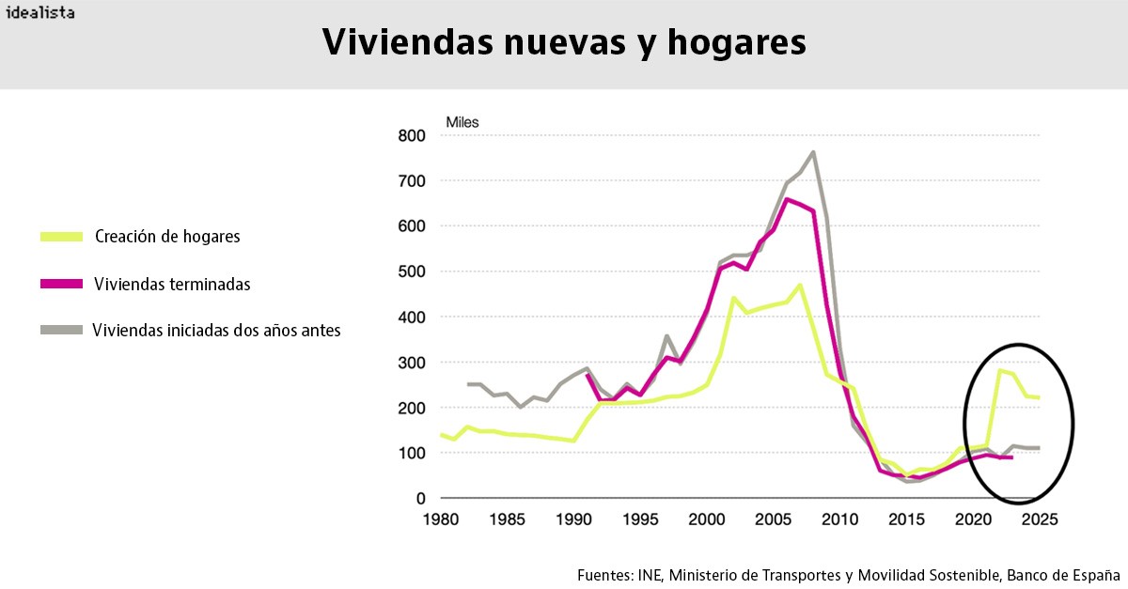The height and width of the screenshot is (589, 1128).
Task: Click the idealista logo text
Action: coord(40,13)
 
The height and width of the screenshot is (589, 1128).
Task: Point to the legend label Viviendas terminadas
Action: coord(172,284)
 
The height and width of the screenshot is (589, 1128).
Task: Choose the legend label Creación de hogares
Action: coord(167,237)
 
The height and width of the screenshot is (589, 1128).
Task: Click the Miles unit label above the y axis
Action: coord(462,122)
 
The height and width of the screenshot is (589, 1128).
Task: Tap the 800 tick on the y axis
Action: coord(413,135)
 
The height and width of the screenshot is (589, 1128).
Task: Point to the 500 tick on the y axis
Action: coord(413,271)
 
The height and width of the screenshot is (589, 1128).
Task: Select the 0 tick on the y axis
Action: coord(421,499)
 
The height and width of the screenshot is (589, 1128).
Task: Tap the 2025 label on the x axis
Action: coord(1039,519)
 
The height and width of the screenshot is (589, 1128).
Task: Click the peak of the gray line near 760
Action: coord(813,152)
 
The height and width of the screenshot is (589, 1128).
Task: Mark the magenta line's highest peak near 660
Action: coord(787,198)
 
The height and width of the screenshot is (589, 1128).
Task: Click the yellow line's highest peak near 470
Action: coord(800,285)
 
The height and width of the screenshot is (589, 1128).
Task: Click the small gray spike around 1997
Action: coord(666,335)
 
